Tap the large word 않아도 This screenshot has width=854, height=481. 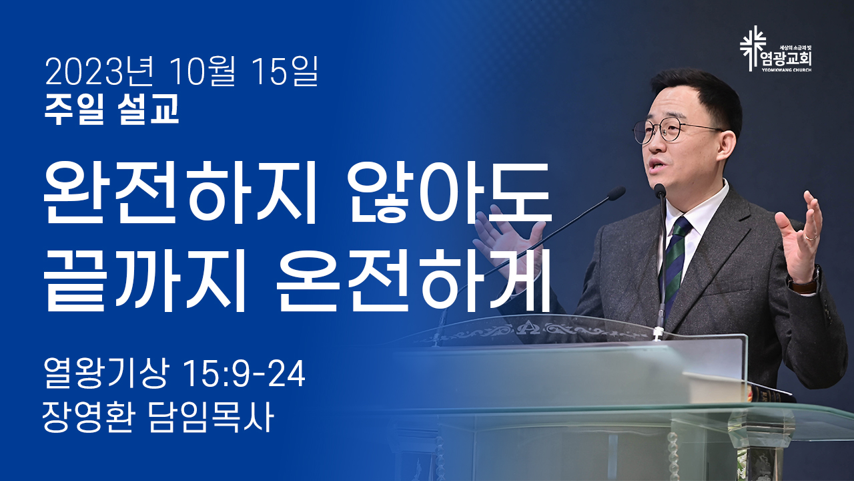coord(450,193)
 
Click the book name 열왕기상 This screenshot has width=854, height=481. coord(105,373)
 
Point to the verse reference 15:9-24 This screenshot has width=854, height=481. coord(244,373)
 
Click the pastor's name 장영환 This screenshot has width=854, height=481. coord(88,418)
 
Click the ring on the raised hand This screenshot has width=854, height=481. coord(811,237)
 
